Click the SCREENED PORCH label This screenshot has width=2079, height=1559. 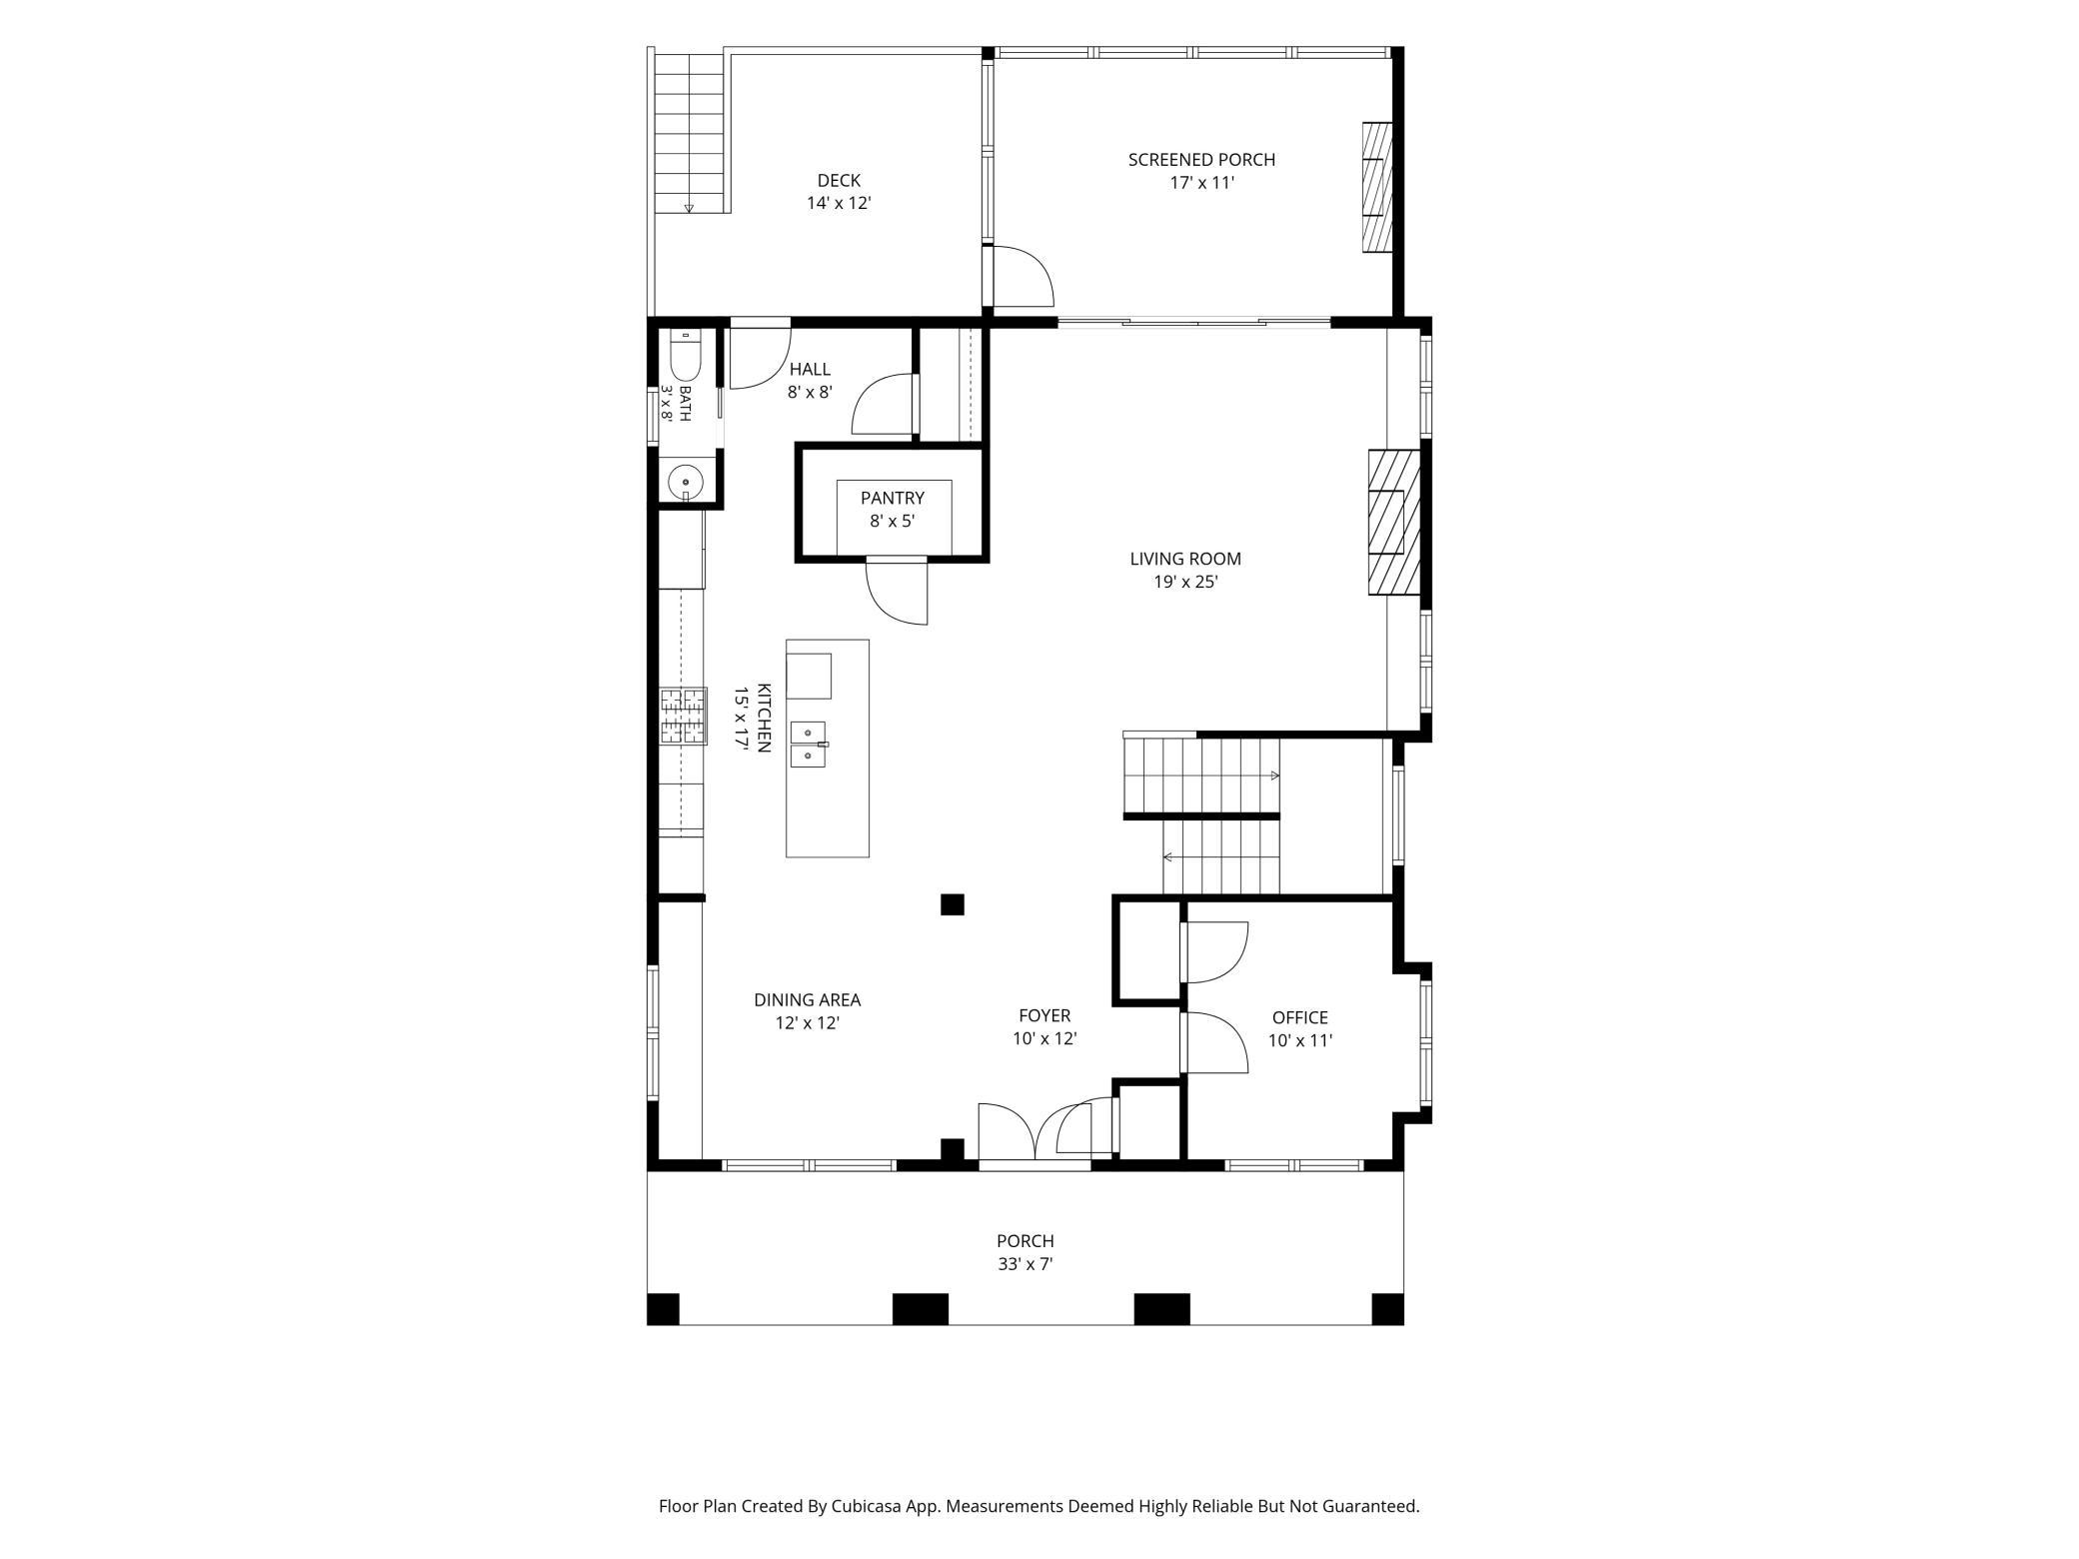1201,160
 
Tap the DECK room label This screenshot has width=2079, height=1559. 839,181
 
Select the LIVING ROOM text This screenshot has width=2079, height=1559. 1185,560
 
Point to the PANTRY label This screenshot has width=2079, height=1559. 893,499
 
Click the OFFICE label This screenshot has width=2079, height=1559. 1300,1018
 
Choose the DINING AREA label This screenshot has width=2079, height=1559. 807,1000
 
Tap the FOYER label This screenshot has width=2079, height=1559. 1044,1016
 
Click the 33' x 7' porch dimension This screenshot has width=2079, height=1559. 1026,1264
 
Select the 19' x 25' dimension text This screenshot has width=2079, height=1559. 1185,583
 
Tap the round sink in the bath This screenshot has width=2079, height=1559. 686,483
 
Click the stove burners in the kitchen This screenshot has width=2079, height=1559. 683,716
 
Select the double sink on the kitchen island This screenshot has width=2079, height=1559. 809,745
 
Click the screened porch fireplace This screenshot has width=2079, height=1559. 1376,188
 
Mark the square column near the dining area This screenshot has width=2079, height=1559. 952,904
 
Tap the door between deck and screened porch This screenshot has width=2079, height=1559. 1023,276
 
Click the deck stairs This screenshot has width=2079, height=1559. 689,133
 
